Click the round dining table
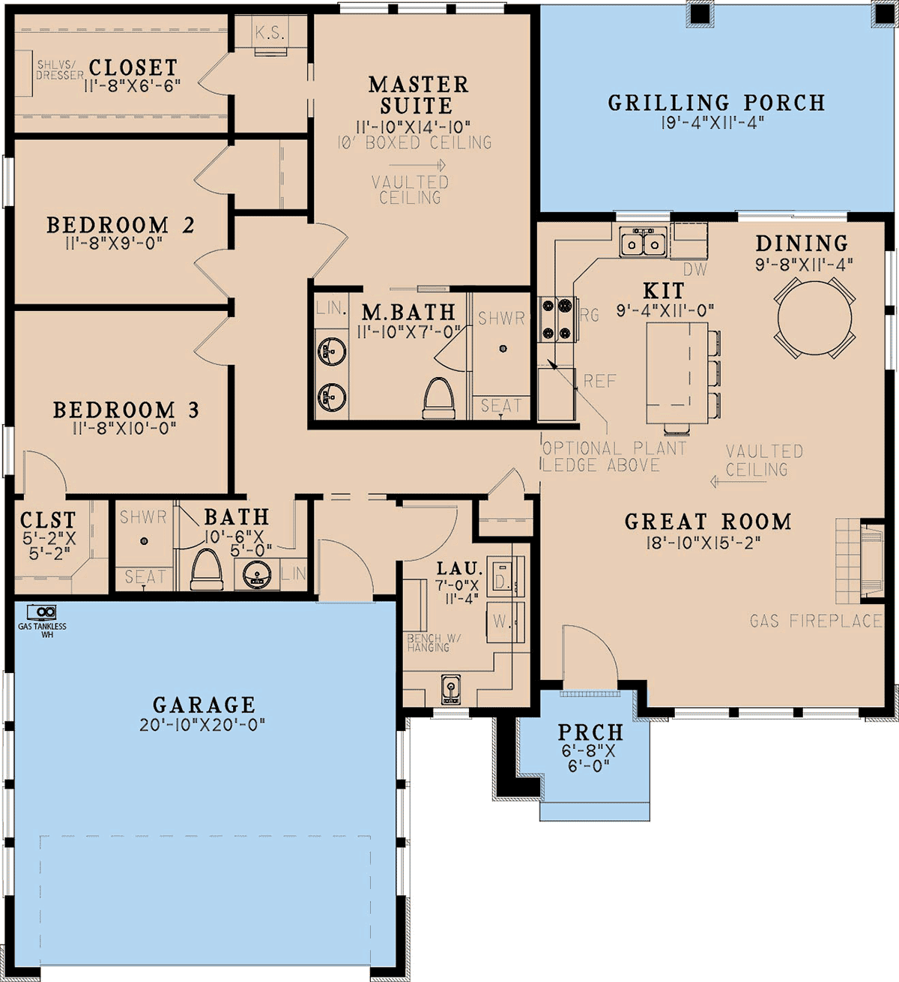pyautogui.click(x=814, y=318)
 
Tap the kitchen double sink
pyautogui.click(x=643, y=242)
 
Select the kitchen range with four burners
pyautogui.click(x=558, y=319)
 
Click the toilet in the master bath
pyautogui.click(x=438, y=398)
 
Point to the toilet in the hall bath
pyautogui.click(x=207, y=569)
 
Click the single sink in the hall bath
pyautogui.click(x=257, y=574)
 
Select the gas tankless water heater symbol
pyautogui.click(x=42, y=612)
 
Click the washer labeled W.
pyautogui.click(x=505, y=622)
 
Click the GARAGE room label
pyautogui.click(x=204, y=705)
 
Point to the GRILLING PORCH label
pyautogui.click(x=716, y=103)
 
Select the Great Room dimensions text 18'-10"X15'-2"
pyautogui.click(x=703, y=543)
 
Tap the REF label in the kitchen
pyautogui.click(x=600, y=381)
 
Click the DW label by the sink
pyautogui.click(x=695, y=269)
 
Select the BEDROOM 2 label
pyautogui.click(x=121, y=225)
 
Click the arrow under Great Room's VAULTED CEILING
pyautogui.click(x=738, y=482)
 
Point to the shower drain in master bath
pyautogui.click(x=503, y=349)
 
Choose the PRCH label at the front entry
pyautogui.click(x=590, y=732)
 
